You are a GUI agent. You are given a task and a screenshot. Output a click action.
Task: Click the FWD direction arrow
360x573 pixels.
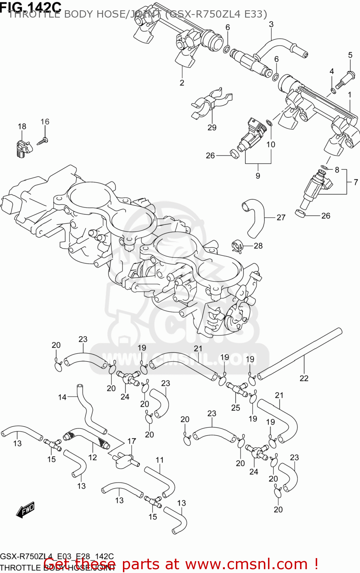pos(26,510)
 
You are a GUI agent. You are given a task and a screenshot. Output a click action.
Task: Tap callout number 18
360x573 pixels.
pos(22,126)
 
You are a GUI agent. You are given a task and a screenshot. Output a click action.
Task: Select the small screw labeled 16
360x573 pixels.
pos(42,141)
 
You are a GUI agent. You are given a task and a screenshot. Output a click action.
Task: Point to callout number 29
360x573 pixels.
pos(212,128)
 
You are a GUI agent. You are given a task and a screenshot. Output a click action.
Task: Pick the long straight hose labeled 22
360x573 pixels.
pos(300,354)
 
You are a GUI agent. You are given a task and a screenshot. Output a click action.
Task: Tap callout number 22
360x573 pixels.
pos(304,378)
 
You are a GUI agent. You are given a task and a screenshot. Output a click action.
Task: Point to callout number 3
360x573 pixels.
pos(271,24)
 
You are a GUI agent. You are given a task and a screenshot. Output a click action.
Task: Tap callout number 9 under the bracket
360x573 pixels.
pos(258,176)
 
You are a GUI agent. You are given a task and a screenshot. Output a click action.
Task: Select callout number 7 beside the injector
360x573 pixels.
pos(355,182)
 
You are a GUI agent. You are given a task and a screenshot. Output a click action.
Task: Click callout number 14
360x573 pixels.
pos(62,397)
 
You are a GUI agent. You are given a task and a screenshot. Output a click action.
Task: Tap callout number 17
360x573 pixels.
pos(131,441)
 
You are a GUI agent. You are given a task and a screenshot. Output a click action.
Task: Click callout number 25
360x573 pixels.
pos(236,408)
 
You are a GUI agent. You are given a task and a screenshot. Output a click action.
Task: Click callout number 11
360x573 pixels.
pos(160,460)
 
